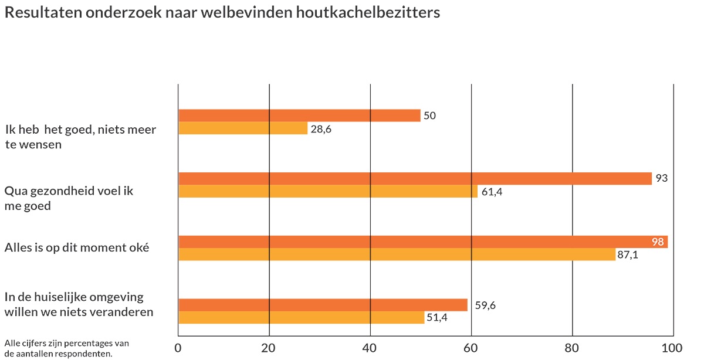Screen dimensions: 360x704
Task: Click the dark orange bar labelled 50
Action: [299, 116]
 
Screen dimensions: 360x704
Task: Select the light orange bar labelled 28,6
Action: [243, 128]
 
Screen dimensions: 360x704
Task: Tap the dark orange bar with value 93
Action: [415, 178]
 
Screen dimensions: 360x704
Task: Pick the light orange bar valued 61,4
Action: [327, 191]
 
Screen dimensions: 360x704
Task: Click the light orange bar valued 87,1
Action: [397, 254]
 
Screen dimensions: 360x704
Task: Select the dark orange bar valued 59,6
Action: [323, 305]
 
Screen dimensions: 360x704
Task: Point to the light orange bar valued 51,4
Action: [301, 317]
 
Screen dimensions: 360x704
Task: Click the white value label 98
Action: [657, 242]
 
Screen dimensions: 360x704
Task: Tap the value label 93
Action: [662, 178]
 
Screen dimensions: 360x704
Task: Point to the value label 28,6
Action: [321, 129]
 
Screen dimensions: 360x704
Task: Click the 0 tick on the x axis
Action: [178, 347]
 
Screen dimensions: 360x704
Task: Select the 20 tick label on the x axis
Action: [269, 347]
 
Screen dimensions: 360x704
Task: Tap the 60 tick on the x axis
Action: [472, 347]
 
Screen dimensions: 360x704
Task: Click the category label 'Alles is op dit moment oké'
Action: [76, 247]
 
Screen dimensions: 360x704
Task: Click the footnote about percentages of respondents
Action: [66, 348]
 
